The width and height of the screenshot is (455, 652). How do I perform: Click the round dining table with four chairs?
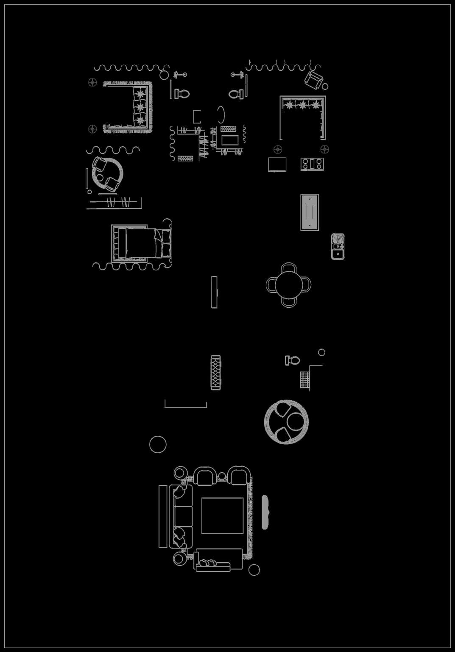tap(288, 285)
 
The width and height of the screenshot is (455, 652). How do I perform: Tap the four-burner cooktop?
tap(312, 164)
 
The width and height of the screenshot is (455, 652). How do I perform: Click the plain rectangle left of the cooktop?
tap(277, 164)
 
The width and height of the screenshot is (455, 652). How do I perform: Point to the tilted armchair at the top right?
tap(314, 79)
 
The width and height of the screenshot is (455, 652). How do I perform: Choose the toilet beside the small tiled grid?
tap(293, 360)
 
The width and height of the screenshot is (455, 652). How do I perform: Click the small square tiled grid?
tap(304, 379)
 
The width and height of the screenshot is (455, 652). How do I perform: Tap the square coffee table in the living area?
tap(222, 515)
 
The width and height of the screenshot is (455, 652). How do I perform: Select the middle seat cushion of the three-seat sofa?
tap(183, 516)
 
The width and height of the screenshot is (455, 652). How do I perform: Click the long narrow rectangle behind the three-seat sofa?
tap(163, 516)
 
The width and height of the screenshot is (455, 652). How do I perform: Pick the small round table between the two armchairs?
tap(222, 476)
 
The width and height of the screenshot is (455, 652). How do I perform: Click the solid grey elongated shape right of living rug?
tap(265, 512)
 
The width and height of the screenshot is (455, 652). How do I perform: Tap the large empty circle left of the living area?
tap(158, 444)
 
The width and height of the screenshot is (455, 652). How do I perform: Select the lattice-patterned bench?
tap(216, 372)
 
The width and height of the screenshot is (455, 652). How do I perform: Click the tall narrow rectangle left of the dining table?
tap(214, 292)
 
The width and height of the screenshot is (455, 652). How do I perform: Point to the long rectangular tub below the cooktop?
tap(310, 212)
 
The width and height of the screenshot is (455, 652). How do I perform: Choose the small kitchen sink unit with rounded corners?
tap(338, 246)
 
